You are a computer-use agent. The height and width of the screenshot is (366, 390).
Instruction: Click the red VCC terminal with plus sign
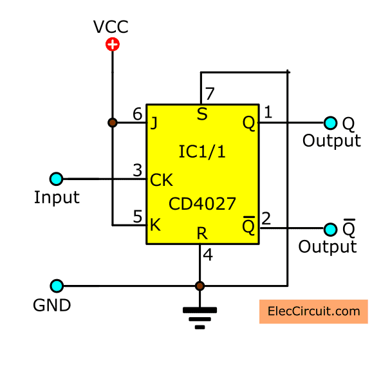(113, 44)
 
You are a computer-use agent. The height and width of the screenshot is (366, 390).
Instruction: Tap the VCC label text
(112, 27)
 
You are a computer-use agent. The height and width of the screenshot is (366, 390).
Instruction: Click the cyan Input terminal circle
(56, 179)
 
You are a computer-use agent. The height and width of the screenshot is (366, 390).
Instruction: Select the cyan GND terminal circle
(56, 286)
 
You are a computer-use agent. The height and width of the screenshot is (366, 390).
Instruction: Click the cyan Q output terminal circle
(331, 122)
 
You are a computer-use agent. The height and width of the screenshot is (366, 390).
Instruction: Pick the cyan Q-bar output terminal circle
(331, 229)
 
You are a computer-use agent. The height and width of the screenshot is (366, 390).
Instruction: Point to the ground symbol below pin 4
(200, 317)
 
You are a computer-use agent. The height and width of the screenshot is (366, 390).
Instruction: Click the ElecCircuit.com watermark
(313, 311)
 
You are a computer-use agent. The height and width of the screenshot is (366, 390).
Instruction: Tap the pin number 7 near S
(209, 93)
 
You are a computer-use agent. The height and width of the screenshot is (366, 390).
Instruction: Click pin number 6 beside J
(137, 114)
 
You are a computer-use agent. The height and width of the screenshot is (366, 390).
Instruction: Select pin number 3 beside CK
(137, 170)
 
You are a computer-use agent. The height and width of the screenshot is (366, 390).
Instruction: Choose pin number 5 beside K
(137, 217)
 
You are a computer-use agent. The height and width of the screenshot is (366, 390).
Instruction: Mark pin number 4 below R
(208, 255)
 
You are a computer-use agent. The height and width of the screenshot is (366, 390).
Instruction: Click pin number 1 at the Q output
(268, 113)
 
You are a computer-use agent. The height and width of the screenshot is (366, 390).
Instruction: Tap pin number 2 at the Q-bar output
(267, 218)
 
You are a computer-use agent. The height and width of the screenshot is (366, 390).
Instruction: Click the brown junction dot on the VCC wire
(113, 122)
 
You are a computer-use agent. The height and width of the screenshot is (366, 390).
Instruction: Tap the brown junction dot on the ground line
(200, 286)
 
